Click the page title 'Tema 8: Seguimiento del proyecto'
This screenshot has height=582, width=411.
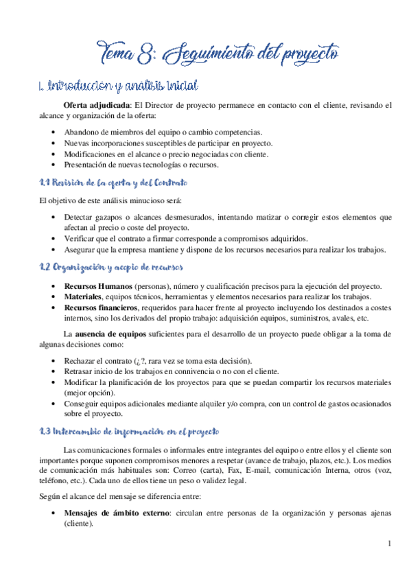click(x=220, y=51)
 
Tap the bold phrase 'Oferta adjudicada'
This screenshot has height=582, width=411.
click(x=95, y=106)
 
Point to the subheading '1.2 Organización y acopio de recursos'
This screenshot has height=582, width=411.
click(x=110, y=267)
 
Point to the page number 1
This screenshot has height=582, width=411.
click(x=389, y=544)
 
